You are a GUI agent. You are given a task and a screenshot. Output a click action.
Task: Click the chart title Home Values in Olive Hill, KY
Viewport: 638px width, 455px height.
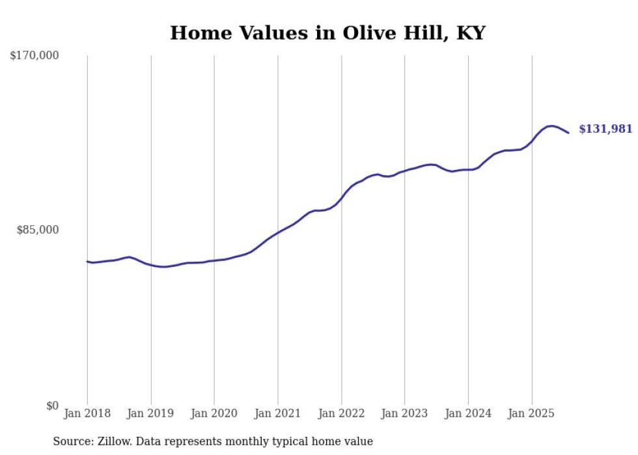click(327, 33)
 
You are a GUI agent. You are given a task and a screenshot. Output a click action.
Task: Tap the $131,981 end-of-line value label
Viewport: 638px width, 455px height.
click(605, 129)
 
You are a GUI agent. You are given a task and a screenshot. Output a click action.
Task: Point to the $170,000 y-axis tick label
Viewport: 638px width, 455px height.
click(35, 56)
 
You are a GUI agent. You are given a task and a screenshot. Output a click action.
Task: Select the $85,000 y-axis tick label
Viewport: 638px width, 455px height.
click(37, 230)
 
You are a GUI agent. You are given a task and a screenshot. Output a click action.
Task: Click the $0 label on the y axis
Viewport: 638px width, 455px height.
click(51, 406)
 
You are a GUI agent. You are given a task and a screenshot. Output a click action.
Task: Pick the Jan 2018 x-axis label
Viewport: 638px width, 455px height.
click(87, 413)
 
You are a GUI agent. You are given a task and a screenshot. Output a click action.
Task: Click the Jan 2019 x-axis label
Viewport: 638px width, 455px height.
click(150, 413)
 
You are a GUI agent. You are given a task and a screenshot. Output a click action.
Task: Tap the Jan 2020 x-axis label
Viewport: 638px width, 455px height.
click(214, 413)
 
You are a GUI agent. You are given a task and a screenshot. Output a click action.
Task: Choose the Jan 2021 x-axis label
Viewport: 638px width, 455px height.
click(278, 413)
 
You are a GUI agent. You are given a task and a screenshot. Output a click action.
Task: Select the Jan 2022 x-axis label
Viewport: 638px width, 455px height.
click(341, 413)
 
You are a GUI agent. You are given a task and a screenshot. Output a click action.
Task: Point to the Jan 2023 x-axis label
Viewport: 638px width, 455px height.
click(404, 413)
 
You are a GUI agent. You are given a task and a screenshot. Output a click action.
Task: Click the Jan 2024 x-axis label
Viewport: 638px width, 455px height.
click(468, 413)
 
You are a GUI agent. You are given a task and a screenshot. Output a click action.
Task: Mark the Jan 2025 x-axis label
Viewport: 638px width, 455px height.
click(531, 413)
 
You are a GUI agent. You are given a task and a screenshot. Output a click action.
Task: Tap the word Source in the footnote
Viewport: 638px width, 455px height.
click(70, 441)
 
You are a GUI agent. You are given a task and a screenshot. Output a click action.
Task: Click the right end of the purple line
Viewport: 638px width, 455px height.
click(568, 133)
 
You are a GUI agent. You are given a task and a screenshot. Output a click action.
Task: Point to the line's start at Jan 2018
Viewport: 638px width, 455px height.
click(87, 262)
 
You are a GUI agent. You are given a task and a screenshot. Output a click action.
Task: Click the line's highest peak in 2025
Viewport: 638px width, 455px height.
click(551, 126)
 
